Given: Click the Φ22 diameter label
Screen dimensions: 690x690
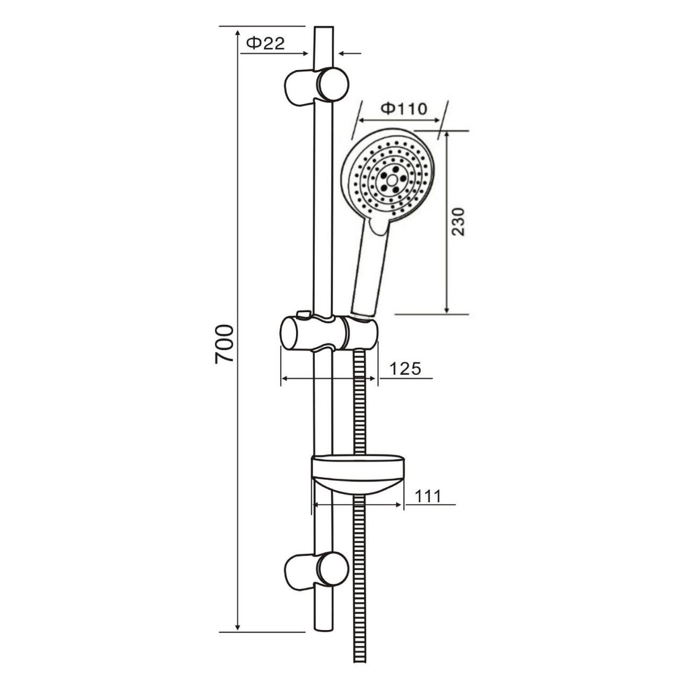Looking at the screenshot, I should point(266,44).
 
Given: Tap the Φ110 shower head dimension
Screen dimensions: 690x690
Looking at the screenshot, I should point(403,109).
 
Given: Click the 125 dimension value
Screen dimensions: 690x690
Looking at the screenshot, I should point(405,368).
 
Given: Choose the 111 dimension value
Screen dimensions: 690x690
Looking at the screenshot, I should point(428,496).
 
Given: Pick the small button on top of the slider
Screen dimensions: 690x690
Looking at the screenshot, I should point(303,315).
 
